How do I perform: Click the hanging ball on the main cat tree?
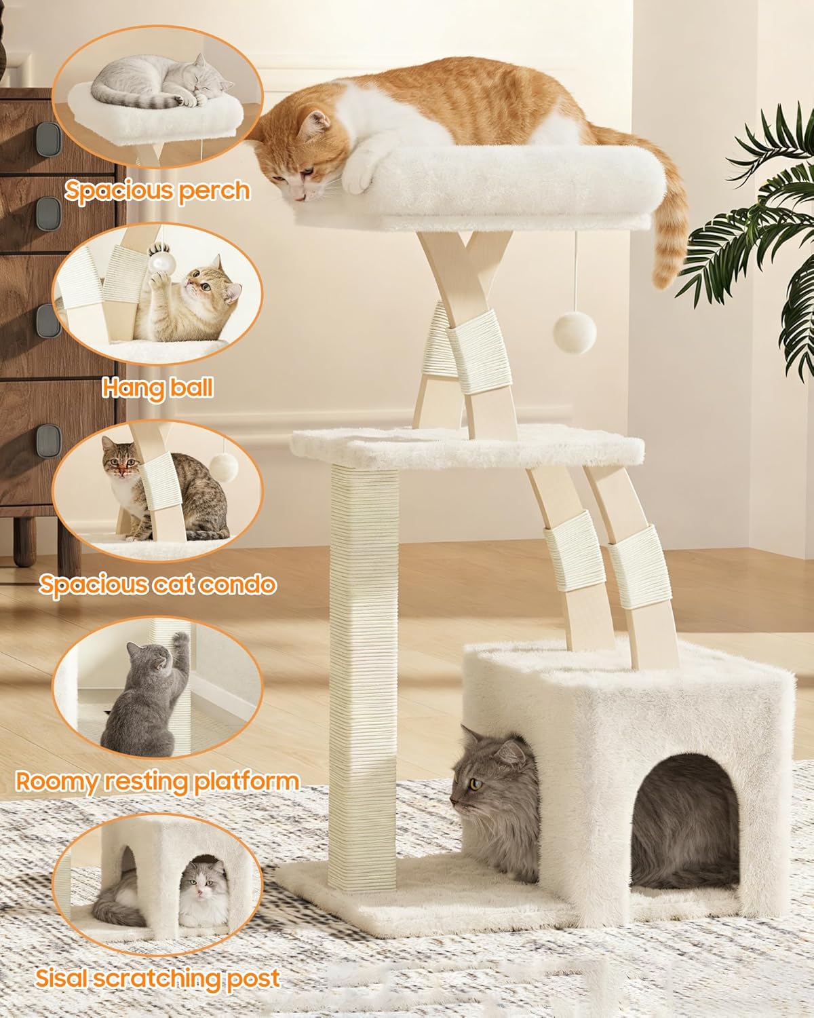(575, 332)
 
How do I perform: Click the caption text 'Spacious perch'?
(157, 191)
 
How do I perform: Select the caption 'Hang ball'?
(157, 388)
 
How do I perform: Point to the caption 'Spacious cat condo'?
(157, 584)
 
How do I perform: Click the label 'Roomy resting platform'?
(157, 781)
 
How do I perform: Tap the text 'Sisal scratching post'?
(157, 978)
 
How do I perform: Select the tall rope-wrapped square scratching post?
(363, 652)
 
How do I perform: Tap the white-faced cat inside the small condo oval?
(201, 889)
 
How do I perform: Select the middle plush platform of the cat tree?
(467, 445)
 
